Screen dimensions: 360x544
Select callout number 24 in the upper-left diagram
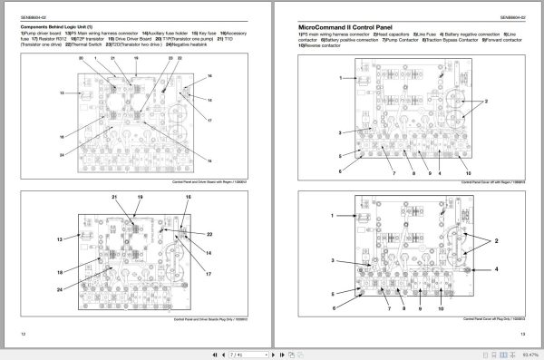click(63, 155)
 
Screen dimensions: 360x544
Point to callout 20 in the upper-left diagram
click(82, 57)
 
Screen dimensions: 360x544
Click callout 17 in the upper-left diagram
click(209, 121)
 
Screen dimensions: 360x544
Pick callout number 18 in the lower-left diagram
click(60, 272)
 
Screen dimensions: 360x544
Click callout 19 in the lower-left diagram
click(140, 197)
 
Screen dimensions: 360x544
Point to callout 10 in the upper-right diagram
click(469, 172)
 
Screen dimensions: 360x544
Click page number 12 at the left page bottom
click(22, 336)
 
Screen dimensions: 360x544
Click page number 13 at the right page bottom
click(523, 336)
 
